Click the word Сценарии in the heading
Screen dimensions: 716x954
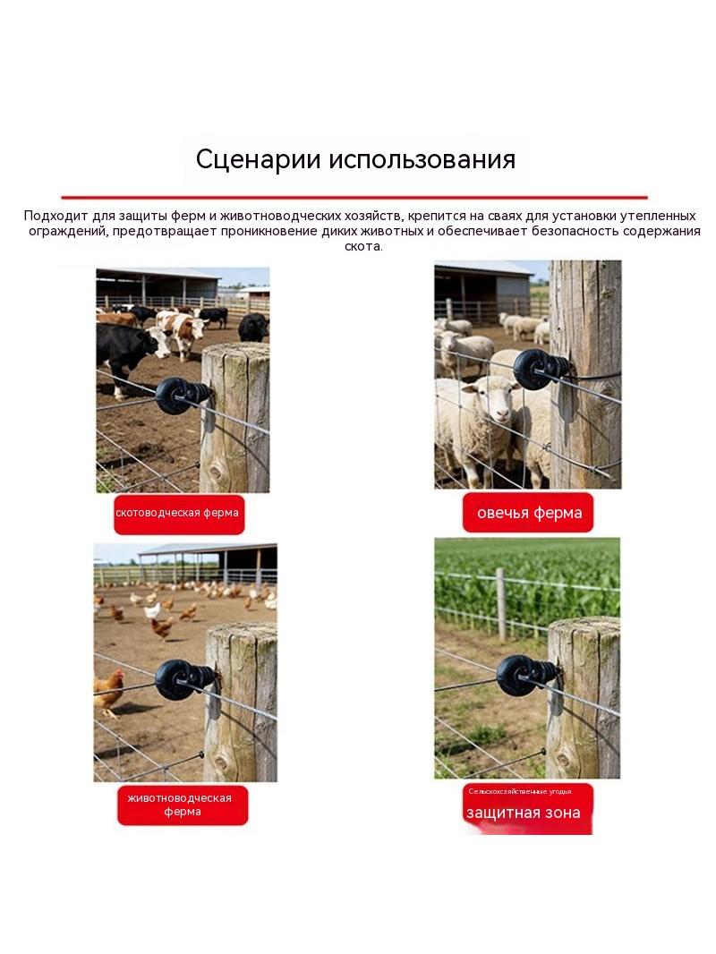point(259,159)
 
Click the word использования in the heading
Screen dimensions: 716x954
point(422,159)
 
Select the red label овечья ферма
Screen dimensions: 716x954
point(528,513)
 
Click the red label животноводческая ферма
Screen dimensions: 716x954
point(183,805)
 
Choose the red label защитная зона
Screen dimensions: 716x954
point(527,809)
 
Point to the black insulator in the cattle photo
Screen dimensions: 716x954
point(182,395)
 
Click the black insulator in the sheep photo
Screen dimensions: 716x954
point(539,369)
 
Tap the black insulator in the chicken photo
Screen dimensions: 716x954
point(183,679)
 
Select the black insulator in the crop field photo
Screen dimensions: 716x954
point(525,675)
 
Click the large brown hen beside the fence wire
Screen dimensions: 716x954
point(108,693)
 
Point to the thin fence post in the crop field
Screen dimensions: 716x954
point(500,605)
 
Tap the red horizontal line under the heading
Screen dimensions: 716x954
point(354,197)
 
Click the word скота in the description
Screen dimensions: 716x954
point(363,246)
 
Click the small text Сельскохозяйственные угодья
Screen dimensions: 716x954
point(520,791)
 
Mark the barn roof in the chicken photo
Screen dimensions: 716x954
point(207,549)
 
